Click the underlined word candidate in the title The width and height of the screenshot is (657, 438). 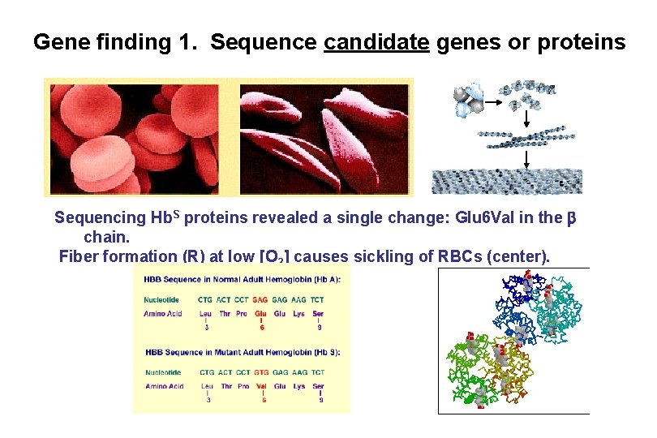(x=376, y=42)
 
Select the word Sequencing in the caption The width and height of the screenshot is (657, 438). (x=101, y=218)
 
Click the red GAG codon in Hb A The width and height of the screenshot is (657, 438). (x=260, y=299)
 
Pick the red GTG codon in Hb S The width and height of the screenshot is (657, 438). (x=260, y=372)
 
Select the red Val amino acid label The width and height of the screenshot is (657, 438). (x=260, y=386)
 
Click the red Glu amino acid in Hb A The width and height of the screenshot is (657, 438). (x=260, y=313)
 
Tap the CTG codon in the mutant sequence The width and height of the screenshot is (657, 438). (x=207, y=372)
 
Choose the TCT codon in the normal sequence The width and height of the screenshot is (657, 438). (x=318, y=299)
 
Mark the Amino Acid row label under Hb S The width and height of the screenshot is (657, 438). (x=165, y=386)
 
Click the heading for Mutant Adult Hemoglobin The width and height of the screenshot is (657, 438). (x=243, y=352)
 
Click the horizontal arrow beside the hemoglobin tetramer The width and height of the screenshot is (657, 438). (x=493, y=97)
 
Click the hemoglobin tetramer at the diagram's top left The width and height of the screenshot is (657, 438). (x=469, y=99)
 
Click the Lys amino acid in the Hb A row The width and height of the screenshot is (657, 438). (x=299, y=313)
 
